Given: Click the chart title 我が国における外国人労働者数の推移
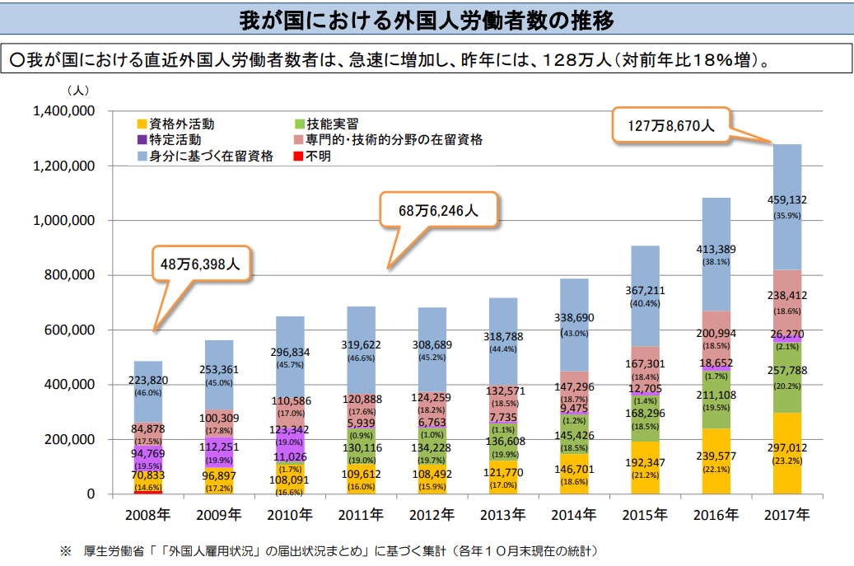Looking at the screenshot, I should pyautogui.click(x=426, y=19).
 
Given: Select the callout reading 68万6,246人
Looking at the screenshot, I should pyautogui.click(x=438, y=210).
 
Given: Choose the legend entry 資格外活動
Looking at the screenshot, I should pyautogui.click(x=182, y=124).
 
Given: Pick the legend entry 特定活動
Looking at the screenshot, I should pyautogui.click(x=175, y=139).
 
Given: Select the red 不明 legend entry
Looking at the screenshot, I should pyautogui.click(x=318, y=156).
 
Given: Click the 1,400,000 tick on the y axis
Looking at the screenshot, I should pyautogui.click(x=64, y=111).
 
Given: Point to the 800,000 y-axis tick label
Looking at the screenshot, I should pyautogui.click(x=71, y=275).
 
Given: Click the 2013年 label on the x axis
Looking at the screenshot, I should pyautogui.click(x=502, y=516).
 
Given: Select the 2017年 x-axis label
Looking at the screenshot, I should pyautogui.click(x=786, y=516).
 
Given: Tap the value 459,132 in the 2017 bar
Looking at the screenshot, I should pyautogui.click(x=786, y=200).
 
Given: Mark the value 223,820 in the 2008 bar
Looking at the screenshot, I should pyautogui.click(x=148, y=380).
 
